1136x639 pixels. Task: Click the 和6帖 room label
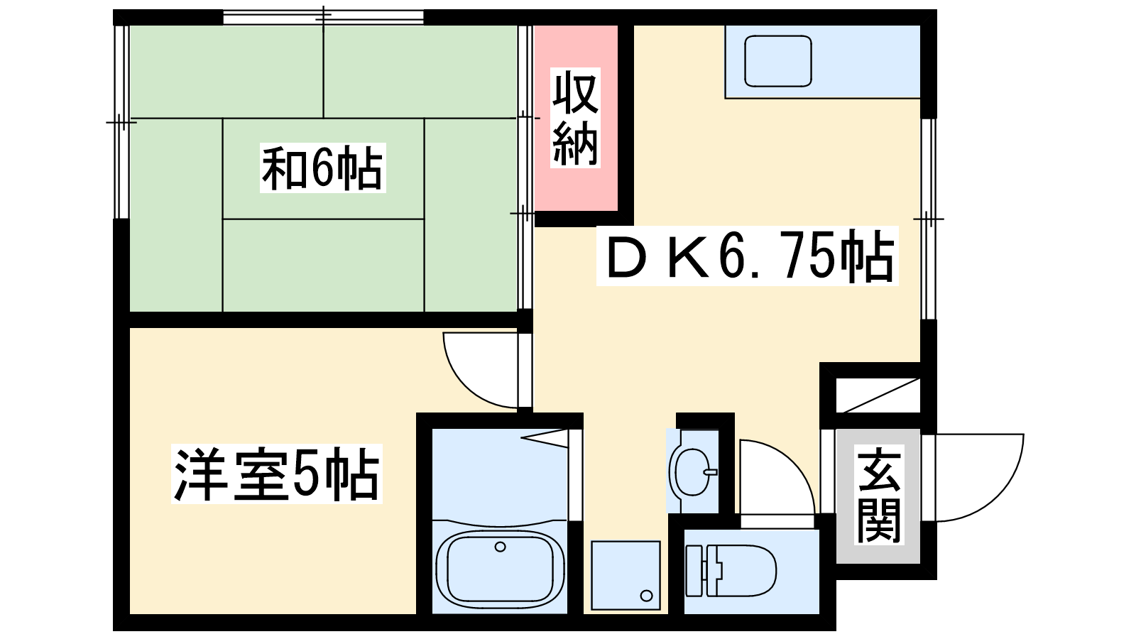click(322, 168)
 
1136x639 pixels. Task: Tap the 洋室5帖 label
click(276, 474)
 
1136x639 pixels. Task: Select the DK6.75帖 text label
click(748, 256)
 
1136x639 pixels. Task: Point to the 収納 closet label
click(575, 118)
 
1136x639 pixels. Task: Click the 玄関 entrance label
click(879, 495)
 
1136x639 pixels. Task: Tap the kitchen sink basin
click(778, 61)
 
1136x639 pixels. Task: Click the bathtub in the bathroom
click(500, 566)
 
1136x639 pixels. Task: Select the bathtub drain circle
click(500, 547)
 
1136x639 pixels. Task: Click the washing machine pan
click(626, 575)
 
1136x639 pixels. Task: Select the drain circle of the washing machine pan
click(646, 596)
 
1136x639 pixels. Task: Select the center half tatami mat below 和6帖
click(323, 266)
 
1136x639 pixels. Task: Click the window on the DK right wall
click(928, 219)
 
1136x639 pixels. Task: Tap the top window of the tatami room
click(323, 18)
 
